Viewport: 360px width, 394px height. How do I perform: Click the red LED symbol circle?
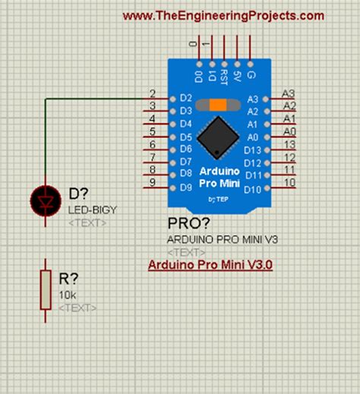click(43, 200)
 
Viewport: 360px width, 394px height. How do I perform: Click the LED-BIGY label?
click(93, 210)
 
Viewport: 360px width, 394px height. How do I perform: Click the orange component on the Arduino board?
click(218, 105)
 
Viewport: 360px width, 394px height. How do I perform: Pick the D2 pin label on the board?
click(185, 98)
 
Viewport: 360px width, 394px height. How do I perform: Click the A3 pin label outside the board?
click(288, 93)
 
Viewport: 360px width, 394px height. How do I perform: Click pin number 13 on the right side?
click(289, 145)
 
